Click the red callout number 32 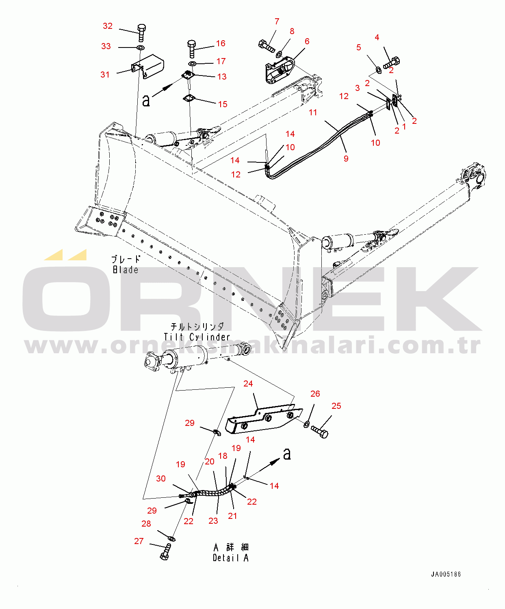[107, 26]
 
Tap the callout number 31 [105, 75]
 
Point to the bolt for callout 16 [191, 49]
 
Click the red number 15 [223, 104]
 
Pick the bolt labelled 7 [267, 47]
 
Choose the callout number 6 [307, 41]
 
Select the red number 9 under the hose [346, 159]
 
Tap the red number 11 [313, 112]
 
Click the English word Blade [126, 270]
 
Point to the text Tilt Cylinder [197, 337]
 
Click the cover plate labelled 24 [264, 419]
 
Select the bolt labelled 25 [320, 432]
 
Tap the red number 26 [315, 394]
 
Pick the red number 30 [161, 479]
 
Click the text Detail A [231, 558]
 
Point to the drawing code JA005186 [446, 574]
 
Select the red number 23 [213, 521]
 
